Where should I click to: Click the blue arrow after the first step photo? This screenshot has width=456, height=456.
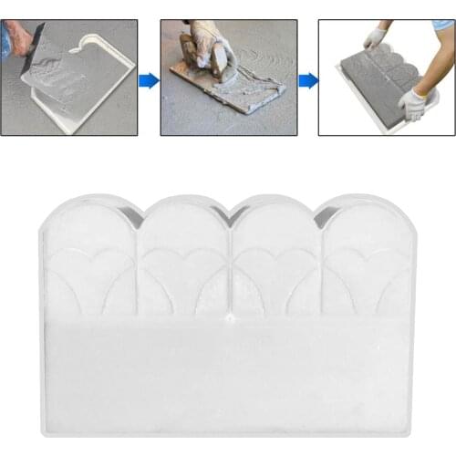[x=149, y=80]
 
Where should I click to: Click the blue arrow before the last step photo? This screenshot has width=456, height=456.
[x=308, y=80]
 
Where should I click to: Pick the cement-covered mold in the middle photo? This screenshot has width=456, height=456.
[x=237, y=91]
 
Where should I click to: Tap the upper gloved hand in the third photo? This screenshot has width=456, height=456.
[x=375, y=37]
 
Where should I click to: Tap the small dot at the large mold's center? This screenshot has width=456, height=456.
[x=231, y=320]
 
